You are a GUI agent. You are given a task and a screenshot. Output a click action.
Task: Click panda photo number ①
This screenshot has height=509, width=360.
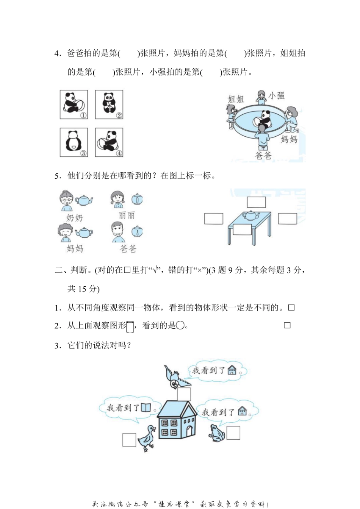click(74, 105)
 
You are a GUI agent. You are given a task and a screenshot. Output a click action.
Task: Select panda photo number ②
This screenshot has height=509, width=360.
click(109, 105)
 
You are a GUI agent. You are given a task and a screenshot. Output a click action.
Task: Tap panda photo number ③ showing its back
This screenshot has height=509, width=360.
click(74, 142)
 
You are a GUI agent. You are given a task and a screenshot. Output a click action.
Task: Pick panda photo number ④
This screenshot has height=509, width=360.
click(109, 142)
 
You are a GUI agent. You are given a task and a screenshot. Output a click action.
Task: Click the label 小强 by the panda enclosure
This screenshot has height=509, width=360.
click(277, 96)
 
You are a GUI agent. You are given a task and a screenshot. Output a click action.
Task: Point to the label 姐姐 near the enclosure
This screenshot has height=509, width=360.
click(236, 99)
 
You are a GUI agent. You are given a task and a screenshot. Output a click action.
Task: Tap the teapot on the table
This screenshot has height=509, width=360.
click(250, 215)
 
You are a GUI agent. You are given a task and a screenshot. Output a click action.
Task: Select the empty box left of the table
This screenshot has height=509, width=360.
click(214, 219)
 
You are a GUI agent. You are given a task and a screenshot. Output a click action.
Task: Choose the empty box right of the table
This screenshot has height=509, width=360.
click(287, 219)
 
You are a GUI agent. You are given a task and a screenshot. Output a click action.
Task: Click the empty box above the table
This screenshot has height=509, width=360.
click(257, 202)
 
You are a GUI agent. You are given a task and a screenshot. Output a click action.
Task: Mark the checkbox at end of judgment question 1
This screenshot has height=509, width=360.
click(291, 308)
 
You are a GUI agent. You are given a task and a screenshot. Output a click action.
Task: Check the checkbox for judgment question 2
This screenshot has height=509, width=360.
click(287, 325)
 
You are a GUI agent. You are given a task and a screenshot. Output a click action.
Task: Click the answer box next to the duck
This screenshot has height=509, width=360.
click(129, 440)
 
